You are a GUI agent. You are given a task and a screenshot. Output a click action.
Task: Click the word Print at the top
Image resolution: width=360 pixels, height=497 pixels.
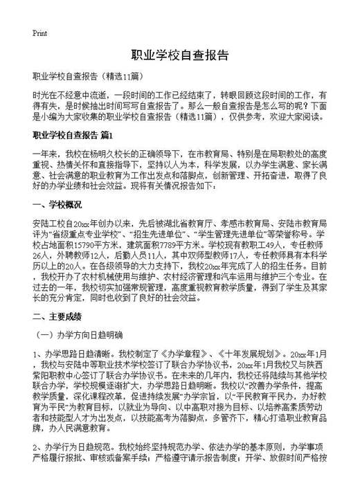point(39,33)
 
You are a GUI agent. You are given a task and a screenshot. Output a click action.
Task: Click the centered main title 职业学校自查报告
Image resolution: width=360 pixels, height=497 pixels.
point(179,56)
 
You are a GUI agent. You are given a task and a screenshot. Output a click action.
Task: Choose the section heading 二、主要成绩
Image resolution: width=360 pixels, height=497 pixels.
point(57,316)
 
